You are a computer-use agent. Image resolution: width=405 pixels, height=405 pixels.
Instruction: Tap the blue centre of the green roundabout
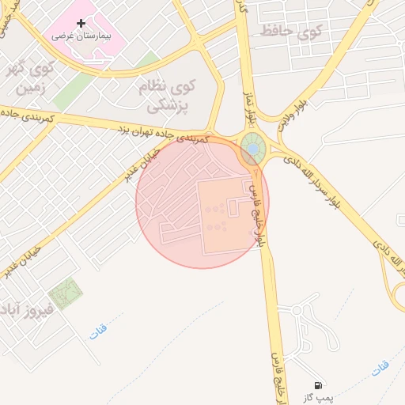252,147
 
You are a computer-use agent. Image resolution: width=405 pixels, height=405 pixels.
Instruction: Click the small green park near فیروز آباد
66,293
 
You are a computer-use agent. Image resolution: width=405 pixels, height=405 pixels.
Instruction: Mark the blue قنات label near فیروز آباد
97,328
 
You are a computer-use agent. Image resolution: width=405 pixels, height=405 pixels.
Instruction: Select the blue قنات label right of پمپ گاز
380,367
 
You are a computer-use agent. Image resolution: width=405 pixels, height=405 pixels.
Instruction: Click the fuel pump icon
317,384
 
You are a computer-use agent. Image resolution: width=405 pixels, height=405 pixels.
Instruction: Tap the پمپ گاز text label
321,397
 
